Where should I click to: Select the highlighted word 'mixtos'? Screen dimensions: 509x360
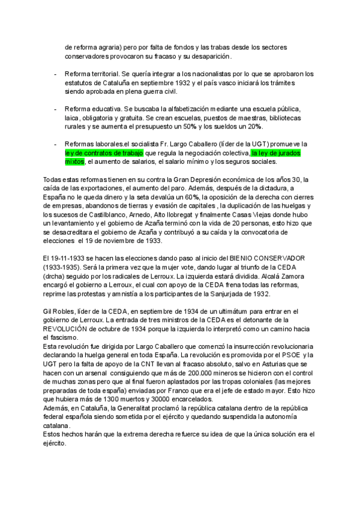(x=74, y=161)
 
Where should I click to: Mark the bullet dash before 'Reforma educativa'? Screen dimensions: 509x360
(x=55, y=109)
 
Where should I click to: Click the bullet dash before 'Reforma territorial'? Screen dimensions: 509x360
(x=55, y=74)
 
